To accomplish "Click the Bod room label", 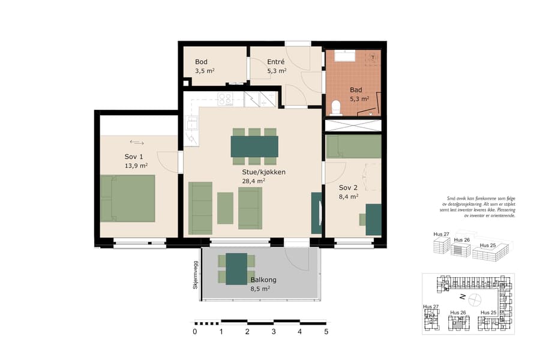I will (201, 62).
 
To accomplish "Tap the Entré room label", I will (275, 62).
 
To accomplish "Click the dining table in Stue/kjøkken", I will (254, 146).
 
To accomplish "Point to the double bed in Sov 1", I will (128, 198).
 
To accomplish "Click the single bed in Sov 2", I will (353, 146).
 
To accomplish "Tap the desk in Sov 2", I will (374, 219).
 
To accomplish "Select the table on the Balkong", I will (236, 268).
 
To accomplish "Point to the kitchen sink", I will (191, 122).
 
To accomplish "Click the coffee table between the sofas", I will (225, 208).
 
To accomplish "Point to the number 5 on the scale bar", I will (326, 331).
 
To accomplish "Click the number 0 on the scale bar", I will (194, 331).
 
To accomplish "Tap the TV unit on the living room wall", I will (316, 213).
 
